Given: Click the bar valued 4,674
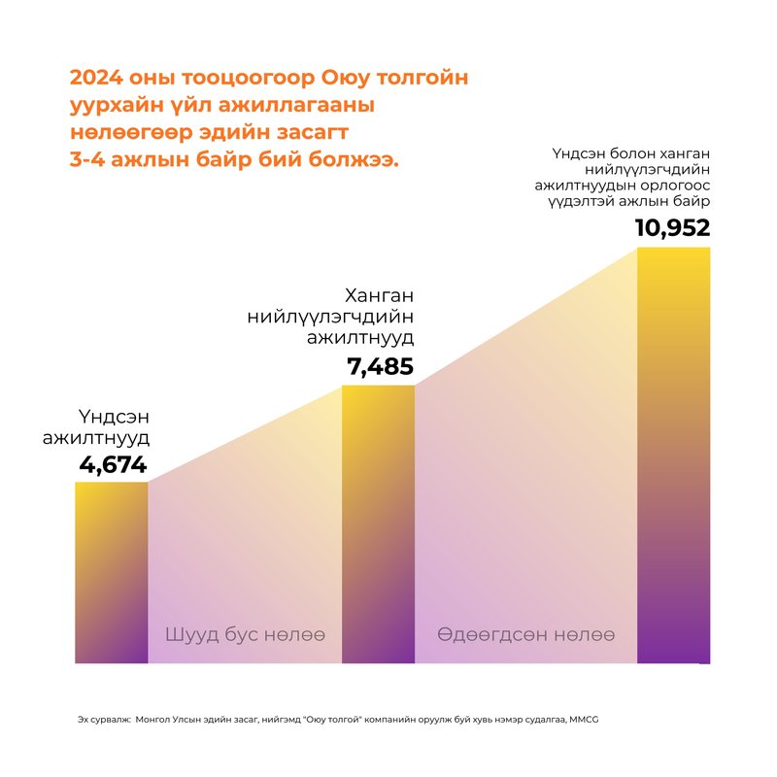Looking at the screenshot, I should [112, 572].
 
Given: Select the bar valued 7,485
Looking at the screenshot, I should [379, 524].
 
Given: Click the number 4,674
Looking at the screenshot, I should [113, 465].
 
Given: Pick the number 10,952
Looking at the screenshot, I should [673, 228].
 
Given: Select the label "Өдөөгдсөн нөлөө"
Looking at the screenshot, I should [525, 635].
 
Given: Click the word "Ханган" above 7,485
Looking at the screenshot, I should [382, 295].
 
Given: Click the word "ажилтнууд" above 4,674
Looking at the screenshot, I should [96, 439].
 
